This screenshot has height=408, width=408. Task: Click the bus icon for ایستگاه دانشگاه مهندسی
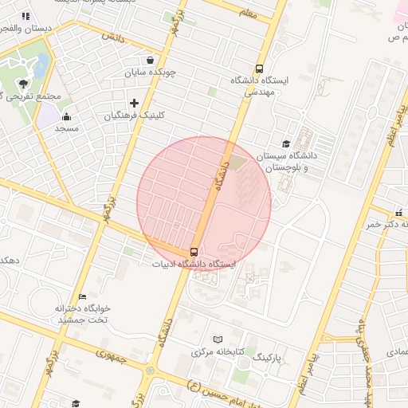(x=259, y=69)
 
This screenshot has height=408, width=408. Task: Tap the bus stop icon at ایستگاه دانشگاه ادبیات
(x=195, y=253)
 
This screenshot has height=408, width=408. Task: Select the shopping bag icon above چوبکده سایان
(x=151, y=60)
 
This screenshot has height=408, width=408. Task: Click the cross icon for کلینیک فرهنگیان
(x=134, y=103)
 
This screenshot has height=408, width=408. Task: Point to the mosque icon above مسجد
(x=65, y=115)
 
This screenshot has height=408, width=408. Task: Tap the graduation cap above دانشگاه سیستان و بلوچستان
(x=285, y=143)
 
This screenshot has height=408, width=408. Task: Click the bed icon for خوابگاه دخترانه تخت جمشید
(x=82, y=296)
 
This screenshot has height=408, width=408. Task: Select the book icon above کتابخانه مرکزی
(x=218, y=339)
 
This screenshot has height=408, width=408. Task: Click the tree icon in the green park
(x=23, y=83)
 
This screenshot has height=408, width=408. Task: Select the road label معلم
(x=248, y=13)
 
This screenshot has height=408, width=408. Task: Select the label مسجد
(x=65, y=127)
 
